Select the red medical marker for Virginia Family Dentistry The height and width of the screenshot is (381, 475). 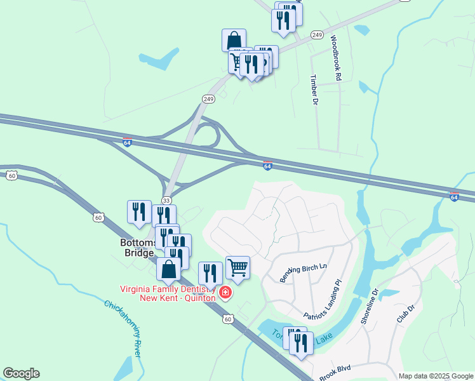tap(225, 293)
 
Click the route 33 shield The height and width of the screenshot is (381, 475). tap(166, 200)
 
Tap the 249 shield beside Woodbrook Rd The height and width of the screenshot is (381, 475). tap(318, 34)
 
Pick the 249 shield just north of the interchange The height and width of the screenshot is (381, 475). tap(208, 99)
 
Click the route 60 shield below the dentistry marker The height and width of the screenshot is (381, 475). tap(228, 319)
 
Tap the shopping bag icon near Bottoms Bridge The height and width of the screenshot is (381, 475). tap(169, 269)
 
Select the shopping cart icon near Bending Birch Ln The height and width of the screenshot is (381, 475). tap(237, 267)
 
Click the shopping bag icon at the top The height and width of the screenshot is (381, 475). tap(234, 39)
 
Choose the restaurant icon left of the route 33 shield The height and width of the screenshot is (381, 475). tap(139, 213)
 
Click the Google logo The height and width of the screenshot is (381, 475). tap(21, 373)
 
